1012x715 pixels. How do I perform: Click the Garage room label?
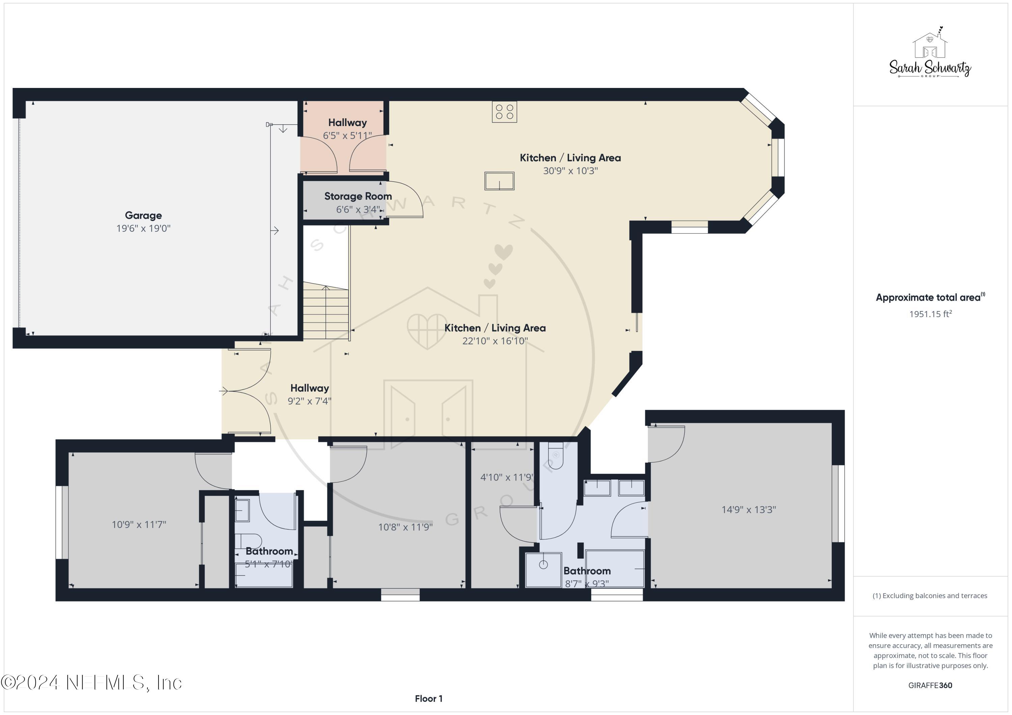(x=143, y=216)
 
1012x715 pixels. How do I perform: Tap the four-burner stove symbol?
(x=504, y=112)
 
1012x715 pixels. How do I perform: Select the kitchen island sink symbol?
(x=499, y=181)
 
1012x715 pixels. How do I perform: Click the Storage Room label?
(x=358, y=196)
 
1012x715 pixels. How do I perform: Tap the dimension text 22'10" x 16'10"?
(x=495, y=341)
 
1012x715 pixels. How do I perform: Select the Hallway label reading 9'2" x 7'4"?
(x=309, y=388)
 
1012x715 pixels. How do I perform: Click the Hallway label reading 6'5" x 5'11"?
(x=347, y=123)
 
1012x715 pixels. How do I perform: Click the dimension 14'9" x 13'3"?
(x=749, y=510)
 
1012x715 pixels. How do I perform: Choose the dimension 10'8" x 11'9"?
(x=405, y=527)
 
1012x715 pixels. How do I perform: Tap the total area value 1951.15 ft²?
(x=930, y=314)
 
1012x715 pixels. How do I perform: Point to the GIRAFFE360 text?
(x=930, y=685)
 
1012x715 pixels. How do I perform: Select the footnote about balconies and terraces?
(x=930, y=596)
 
